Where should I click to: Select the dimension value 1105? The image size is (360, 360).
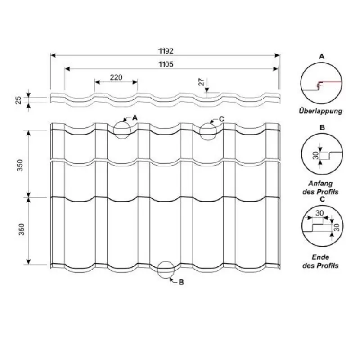click(x=166, y=64)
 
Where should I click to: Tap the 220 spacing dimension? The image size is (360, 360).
click(x=116, y=77)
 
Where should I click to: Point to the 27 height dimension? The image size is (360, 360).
click(x=202, y=82)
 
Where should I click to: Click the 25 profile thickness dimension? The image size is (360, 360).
click(x=18, y=100)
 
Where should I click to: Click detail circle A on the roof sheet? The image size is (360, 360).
click(x=122, y=130)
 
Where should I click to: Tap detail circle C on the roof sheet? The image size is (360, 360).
click(x=208, y=131)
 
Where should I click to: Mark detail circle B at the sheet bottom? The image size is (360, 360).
click(x=166, y=269)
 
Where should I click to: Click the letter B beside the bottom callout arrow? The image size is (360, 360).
click(x=181, y=283)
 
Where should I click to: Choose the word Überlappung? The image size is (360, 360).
click(x=320, y=110)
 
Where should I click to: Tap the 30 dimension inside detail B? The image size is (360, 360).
click(x=315, y=156)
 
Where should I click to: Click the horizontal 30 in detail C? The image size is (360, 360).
click(x=320, y=213)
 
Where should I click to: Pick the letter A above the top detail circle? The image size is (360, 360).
click(x=321, y=57)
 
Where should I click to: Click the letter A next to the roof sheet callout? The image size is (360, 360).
click(x=135, y=117)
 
